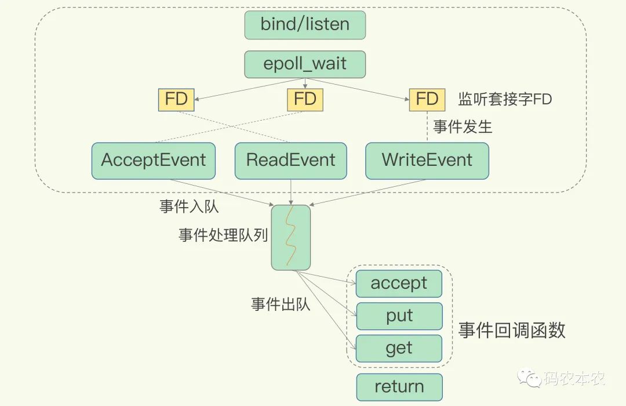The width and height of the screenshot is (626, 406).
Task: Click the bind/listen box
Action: (305, 25)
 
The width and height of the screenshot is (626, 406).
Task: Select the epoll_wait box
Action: (305, 64)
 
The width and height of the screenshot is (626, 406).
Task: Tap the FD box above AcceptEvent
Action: (176, 99)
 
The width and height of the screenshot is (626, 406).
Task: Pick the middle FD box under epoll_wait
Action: (305, 99)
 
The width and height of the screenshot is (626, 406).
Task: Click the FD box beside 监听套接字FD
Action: (427, 99)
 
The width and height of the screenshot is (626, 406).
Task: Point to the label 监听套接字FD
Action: (505, 99)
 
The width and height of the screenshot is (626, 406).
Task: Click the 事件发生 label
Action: (463, 127)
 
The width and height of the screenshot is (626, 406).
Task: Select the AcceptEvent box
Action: (154, 161)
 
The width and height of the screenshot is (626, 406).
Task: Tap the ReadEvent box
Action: (290, 161)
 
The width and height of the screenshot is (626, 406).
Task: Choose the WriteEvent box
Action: (427, 161)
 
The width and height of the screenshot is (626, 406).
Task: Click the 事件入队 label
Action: (189, 206)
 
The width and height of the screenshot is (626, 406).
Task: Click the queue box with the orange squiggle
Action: (290, 237)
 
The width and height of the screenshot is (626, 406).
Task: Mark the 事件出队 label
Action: (281, 304)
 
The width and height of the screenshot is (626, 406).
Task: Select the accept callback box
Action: (399, 284)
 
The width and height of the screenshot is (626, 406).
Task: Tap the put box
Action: (399, 316)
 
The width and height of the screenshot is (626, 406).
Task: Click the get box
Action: (399, 349)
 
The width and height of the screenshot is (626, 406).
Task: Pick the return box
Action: (399, 387)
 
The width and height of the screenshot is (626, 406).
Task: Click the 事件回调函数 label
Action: (511, 331)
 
